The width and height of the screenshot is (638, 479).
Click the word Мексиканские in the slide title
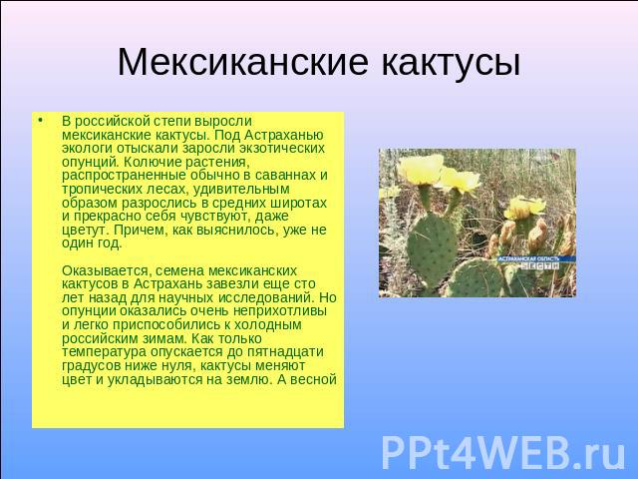tap(243, 62)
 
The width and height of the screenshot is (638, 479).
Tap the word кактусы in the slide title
tap(451, 62)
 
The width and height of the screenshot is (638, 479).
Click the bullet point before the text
tap(40, 121)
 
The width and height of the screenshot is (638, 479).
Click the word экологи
tap(88, 149)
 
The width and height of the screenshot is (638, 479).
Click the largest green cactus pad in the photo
tap(432, 248)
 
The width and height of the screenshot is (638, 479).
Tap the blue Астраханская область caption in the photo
tap(529, 258)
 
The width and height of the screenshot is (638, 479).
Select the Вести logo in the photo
tap(540, 266)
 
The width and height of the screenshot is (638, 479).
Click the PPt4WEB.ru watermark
tap(503, 453)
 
